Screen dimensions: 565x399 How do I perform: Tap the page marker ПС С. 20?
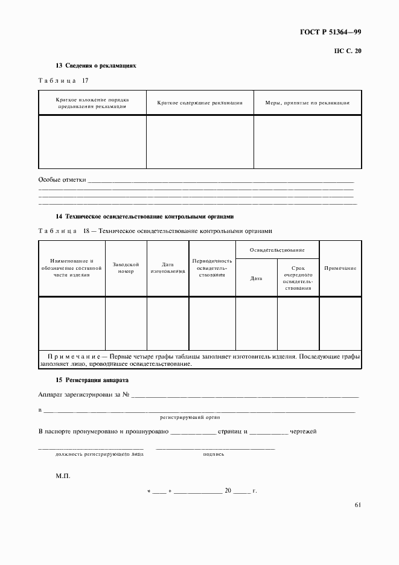[347, 52]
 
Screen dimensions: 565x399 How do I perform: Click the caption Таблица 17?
[63, 80]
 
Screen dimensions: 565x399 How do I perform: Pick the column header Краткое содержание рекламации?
[200, 103]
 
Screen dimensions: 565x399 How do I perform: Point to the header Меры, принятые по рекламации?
[307, 103]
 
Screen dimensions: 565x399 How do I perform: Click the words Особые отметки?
[62, 180]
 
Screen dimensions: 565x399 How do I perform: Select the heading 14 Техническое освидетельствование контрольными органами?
[144, 216]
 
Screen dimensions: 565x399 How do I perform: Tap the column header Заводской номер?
[126, 268]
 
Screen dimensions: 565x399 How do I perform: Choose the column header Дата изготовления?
[168, 268]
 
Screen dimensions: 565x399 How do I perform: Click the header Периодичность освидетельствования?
[212, 268]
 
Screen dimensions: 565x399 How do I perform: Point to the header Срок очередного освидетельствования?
[298, 278]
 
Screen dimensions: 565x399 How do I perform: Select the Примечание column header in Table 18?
[340, 268]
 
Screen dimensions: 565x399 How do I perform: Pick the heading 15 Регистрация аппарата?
[92, 380]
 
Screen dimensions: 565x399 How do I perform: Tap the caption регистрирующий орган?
[190, 417]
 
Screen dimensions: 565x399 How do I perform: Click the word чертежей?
[303, 432]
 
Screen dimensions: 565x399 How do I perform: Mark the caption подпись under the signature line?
[214, 454]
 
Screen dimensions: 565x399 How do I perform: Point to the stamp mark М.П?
[63, 476]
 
